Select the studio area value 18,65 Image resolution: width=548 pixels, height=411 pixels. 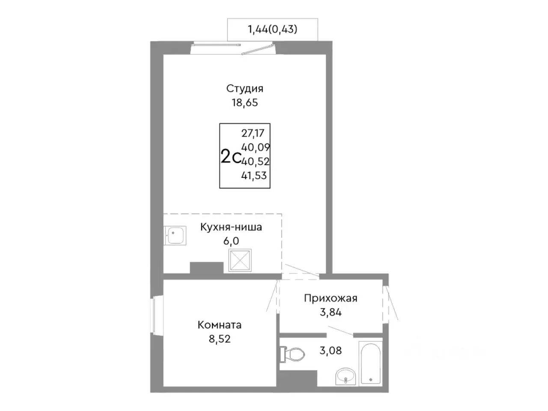(x=244, y=103)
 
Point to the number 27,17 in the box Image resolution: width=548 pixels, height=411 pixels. (x=253, y=133)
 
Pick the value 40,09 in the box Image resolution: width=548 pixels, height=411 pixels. (x=256, y=147)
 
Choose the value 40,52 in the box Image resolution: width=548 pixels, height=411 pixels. (x=256, y=161)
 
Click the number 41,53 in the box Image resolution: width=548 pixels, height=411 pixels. (x=254, y=176)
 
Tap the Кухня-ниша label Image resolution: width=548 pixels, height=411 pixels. (x=231, y=227)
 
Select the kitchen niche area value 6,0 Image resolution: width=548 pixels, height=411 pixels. (x=231, y=241)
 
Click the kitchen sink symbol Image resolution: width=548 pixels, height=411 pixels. (x=175, y=235)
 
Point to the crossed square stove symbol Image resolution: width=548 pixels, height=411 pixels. (x=240, y=260)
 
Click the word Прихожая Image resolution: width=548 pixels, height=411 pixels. (x=331, y=298)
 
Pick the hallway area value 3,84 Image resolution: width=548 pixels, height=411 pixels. (x=331, y=312)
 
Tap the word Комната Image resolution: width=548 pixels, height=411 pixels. (x=220, y=325)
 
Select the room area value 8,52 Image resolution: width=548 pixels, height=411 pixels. (x=220, y=339)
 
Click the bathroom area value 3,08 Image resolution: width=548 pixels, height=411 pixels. (x=331, y=351)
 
